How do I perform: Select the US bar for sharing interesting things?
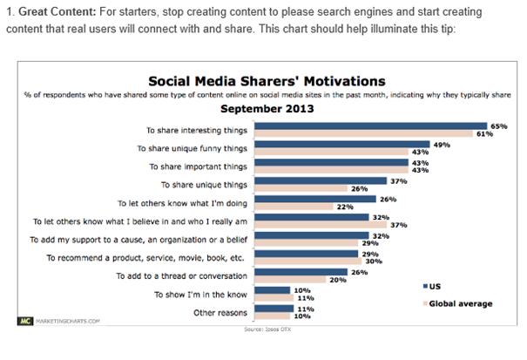click(x=369, y=125)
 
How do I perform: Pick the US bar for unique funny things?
click(x=341, y=144)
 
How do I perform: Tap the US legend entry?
click(x=434, y=285)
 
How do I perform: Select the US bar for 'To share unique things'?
click(x=319, y=180)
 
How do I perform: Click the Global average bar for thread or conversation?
click(x=288, y=280)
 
